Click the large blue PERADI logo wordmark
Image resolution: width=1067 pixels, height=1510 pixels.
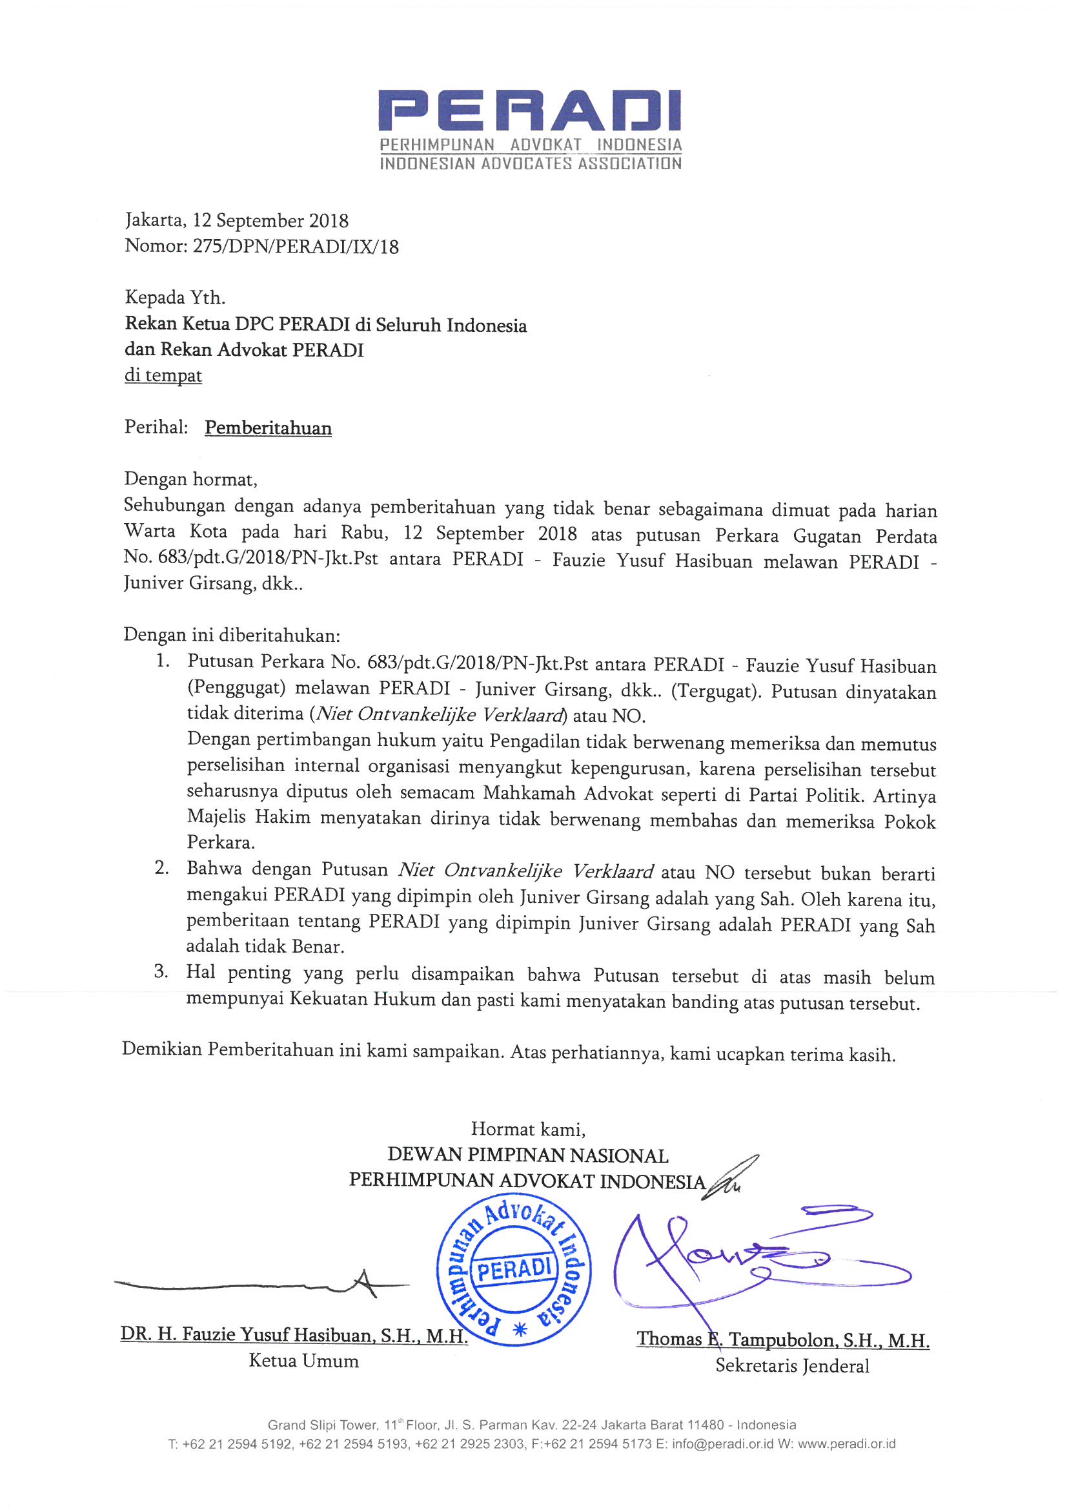529,110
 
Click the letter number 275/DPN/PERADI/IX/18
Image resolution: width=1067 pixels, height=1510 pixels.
295,247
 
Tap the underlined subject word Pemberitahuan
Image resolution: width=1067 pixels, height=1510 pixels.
268,428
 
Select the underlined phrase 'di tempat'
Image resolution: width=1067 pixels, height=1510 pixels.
163,375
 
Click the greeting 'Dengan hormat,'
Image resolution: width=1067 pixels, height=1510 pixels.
190,479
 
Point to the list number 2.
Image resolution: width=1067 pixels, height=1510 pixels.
162,868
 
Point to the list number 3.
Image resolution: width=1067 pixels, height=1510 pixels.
161,971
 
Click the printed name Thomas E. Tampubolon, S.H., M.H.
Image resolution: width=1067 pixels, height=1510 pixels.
782,1339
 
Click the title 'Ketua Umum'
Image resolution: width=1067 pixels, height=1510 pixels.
304,1361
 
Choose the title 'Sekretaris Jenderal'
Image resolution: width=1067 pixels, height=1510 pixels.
792,1366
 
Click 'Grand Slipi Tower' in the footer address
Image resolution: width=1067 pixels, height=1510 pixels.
322,1425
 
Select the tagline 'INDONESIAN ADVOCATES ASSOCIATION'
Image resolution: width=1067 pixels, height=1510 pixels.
531,164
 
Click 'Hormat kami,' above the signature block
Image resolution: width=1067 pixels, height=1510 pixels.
528,1130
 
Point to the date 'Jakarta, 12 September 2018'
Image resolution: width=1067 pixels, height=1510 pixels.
237,220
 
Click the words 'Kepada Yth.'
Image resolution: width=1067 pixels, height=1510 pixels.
175,298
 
